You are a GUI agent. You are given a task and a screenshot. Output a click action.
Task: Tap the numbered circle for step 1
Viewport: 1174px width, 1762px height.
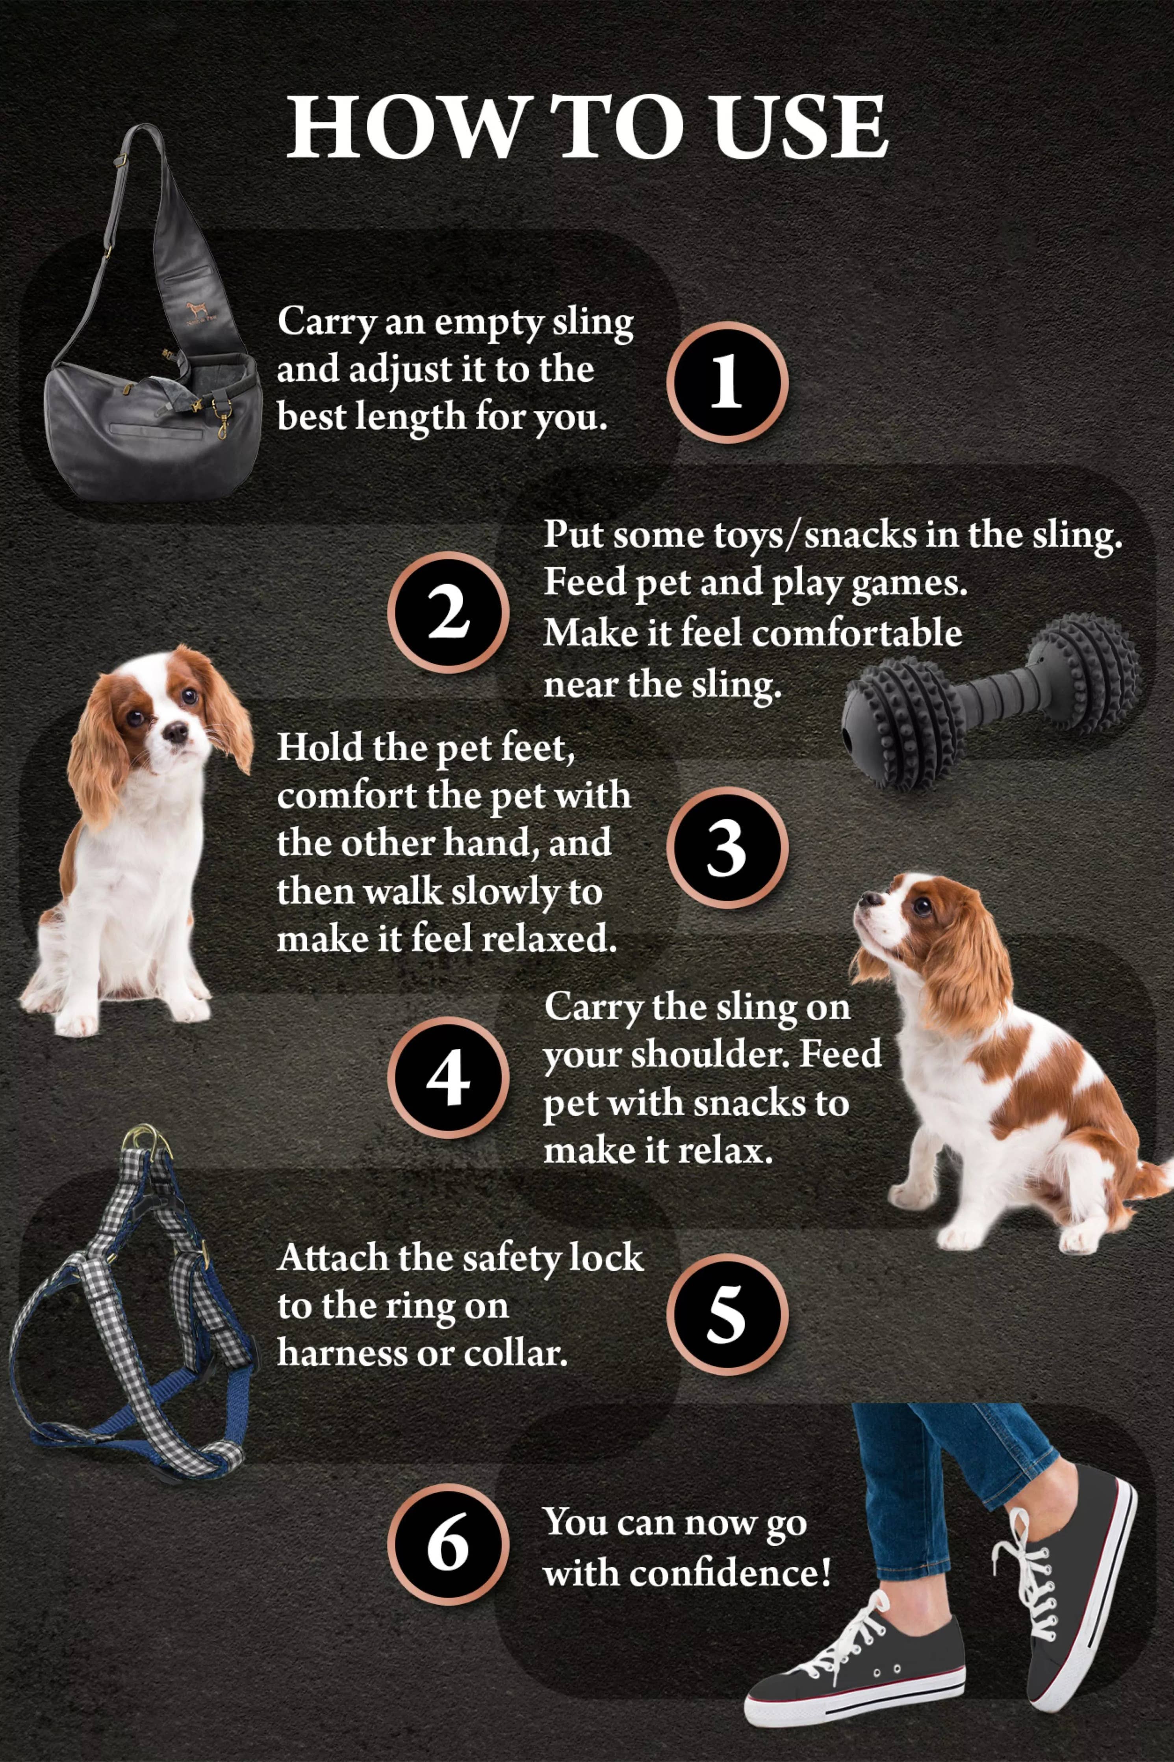(x=726, y=382)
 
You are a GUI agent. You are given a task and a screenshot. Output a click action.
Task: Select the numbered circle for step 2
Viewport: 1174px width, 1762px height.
(x=448, y=613)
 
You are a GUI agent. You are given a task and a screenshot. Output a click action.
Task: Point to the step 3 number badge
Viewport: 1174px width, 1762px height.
(x=726, y=848)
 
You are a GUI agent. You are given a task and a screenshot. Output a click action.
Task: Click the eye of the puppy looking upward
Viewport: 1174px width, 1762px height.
(x=922, y=907)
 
